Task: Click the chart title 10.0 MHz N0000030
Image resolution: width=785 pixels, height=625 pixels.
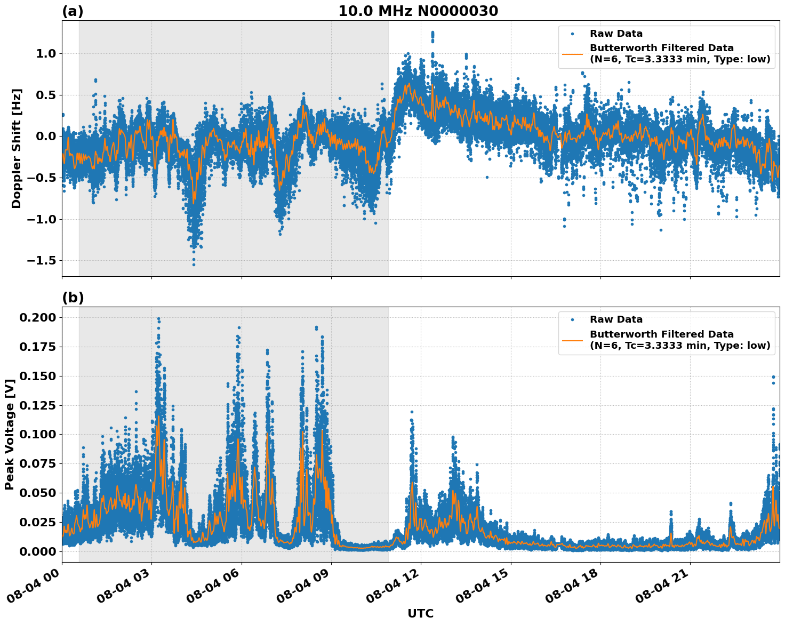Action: click(x=418, y=11)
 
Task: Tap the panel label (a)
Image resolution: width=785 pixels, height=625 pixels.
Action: click(x=73, y=11)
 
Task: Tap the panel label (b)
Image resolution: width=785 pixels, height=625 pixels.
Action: click(x=73, y=298)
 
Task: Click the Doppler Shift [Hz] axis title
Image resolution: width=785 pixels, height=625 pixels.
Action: click(x=17, y=148)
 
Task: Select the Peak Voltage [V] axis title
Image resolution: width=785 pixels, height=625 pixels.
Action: click(x=10, y=434)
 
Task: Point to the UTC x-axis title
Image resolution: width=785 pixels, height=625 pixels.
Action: click(x=420, y=613)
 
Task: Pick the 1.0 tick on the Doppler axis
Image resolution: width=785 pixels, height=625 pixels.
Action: click(x=46, y=53)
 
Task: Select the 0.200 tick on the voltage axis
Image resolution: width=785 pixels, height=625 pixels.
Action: click(x=37, y=318)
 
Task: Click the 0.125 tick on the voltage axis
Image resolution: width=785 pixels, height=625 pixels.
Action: click(x=37, y=405)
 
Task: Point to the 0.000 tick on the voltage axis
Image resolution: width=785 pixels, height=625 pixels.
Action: click(x=37, y=551)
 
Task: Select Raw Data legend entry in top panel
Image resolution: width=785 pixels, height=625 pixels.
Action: click(x=616, y=34)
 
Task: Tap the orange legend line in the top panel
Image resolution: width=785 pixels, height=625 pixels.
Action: click(x=572, y=53)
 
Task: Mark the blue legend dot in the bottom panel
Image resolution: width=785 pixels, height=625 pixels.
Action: click(x=572, y=319)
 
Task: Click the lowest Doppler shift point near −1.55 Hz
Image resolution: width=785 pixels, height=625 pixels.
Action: click(x=194, y=265)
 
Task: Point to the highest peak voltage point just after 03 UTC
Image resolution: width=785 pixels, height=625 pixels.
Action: click(x=158, y=319)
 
